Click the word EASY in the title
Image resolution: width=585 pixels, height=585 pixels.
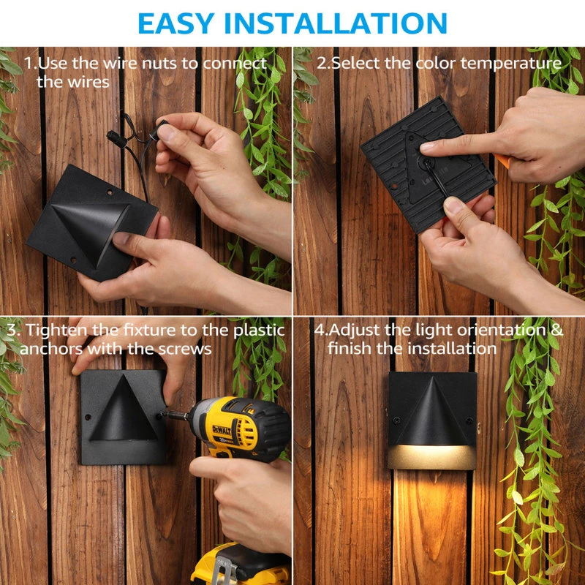click(176, 23)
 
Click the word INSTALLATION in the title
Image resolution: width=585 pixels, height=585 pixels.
click(335, 23)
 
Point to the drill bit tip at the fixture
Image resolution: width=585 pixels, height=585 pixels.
click(162, 413)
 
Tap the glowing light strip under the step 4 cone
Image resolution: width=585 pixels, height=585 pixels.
click(432, 456)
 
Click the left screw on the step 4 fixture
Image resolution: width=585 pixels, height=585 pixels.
click(396, 420)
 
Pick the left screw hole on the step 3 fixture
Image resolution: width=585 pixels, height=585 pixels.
click(88, 417)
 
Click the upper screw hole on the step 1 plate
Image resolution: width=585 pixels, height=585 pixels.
click(110, 192)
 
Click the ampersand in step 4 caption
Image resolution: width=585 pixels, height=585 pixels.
click(556, 330)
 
